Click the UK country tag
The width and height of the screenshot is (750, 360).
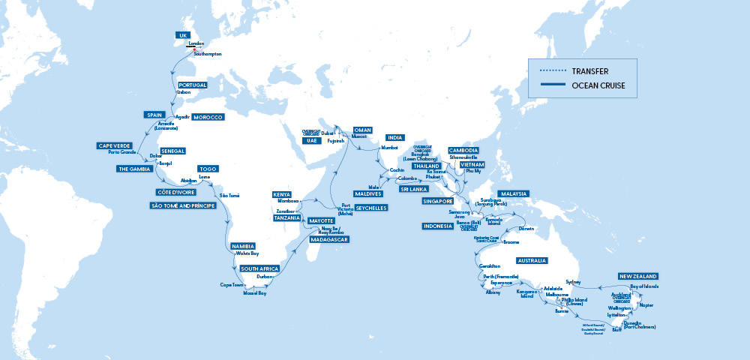tap(184, 35)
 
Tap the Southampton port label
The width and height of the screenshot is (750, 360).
tap(208, 55)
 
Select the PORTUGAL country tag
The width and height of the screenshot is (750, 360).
tap(192, 85)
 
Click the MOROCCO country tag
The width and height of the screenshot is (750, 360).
tap(208, 118)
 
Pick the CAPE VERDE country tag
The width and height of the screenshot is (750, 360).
tap(114, 145)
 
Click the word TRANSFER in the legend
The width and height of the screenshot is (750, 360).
tap(589, 70)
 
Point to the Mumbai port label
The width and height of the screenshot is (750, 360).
tap(390, 148)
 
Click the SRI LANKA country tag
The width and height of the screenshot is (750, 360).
tap(415, 190)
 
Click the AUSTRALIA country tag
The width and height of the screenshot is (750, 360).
tap(532, 260)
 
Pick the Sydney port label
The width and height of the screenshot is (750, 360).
tap(574, 282)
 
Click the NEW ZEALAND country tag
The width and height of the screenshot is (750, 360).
tap(638, 277)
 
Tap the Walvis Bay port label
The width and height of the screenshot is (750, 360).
tap(247, 254)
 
